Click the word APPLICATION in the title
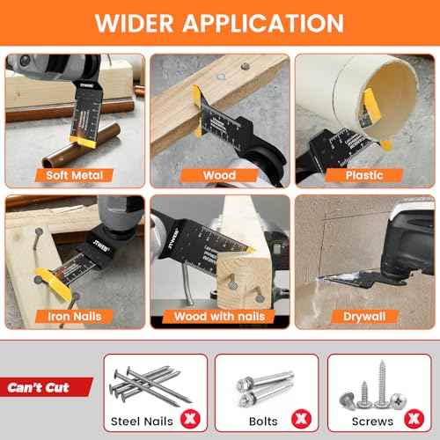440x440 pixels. [268, 24]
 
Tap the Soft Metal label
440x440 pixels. [75, 174]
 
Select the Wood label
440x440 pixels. [220, 174]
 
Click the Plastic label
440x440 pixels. [363, 174]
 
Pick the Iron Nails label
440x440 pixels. [75, 315]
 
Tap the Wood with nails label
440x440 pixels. [220, 315]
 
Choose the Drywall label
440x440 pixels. [363, 315]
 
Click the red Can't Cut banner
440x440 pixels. [44, 386]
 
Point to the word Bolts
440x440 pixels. [261, 421]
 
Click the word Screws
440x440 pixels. [374, 421]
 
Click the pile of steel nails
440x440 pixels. [154, 383]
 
